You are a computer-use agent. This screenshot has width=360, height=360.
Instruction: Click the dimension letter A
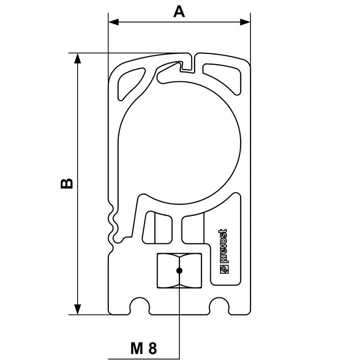(179, 12)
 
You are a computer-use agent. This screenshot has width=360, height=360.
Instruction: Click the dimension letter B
(67, 183)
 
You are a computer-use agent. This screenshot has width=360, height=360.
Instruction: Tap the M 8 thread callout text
(144, 348)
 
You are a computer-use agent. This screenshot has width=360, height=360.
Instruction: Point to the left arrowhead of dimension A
(113, 22)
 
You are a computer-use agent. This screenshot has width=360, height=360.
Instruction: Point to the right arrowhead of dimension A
(245, 22)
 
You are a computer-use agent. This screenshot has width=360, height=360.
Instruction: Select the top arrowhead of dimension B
(77, 58)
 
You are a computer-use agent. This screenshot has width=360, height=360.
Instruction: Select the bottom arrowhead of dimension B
(77, 309)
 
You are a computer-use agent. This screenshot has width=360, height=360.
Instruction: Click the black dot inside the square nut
(179, 271)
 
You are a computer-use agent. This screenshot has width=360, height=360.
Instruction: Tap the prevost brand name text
(223, 246)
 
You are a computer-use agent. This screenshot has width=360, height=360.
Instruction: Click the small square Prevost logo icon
(224, 269)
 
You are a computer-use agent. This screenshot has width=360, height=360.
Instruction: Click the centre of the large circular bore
(180, 143)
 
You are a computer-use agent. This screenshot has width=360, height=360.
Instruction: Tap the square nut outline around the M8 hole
(180, 271)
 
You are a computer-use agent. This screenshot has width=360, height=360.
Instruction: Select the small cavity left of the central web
(157, 228)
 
